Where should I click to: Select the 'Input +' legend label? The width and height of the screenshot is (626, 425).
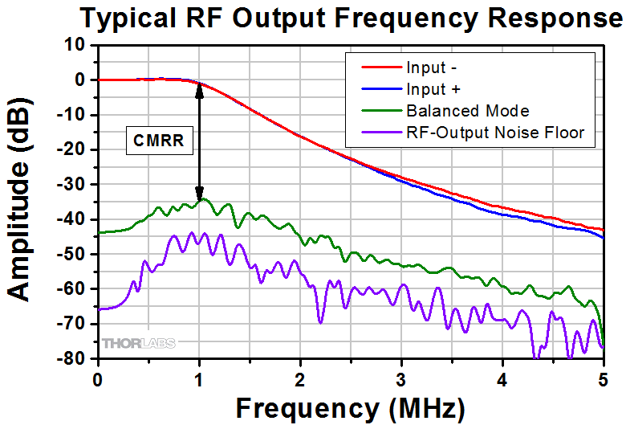click(432, 88)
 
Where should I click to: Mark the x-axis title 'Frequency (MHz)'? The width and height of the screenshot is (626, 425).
click(350, 407)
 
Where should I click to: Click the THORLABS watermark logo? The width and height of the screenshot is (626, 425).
click(137, 345)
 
